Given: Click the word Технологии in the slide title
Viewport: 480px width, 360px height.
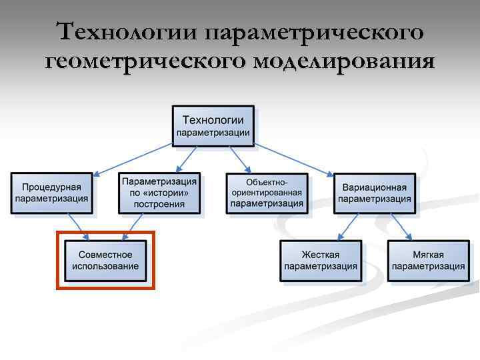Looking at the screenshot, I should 127,31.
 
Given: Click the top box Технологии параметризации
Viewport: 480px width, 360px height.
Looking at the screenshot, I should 213,126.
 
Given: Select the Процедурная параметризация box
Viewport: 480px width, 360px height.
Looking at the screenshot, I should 51,193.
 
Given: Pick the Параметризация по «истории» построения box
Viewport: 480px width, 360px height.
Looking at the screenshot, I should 159,193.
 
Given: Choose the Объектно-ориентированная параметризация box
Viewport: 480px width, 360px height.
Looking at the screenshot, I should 267,193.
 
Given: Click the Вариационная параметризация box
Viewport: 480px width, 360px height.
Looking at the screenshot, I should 374,193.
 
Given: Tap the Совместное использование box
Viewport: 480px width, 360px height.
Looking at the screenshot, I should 105,261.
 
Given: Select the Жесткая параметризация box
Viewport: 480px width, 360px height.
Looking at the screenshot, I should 320,261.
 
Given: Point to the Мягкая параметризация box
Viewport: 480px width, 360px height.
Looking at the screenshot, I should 428,261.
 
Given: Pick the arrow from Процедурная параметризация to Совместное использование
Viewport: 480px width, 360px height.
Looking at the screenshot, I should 76,226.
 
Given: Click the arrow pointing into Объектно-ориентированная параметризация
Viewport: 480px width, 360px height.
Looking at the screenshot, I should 239,159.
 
